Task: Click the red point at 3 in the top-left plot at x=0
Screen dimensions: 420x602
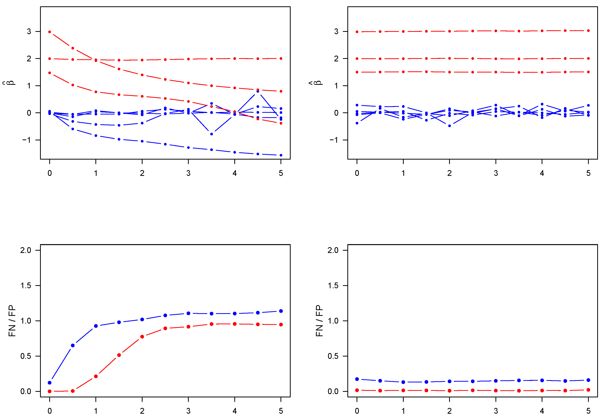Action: coord(50,32)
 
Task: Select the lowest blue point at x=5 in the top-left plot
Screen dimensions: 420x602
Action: coord(281,155)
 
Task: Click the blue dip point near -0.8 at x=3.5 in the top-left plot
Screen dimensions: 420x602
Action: coord(212,134)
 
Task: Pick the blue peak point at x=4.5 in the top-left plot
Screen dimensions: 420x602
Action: coord(258,91)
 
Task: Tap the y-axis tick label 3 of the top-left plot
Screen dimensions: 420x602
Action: coord(29,31)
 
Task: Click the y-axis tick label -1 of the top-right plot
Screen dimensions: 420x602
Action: coord(334,140)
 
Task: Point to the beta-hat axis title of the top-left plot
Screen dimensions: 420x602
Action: coord(11,83)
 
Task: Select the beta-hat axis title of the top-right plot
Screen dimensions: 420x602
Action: coord(318,83)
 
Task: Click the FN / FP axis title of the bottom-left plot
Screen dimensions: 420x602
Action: coord(12,321)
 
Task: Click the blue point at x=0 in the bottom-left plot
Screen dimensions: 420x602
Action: coord(50,383)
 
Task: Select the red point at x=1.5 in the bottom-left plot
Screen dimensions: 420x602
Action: coord(119,355)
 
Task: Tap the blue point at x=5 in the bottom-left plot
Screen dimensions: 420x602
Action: coord(281,311)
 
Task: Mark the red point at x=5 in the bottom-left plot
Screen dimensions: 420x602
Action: coord(281,325)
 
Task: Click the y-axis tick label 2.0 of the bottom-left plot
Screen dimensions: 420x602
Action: coord(26,250)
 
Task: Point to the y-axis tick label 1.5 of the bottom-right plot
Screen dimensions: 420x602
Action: coord(333,286)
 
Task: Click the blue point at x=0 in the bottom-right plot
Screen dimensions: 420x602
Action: coord(357,379)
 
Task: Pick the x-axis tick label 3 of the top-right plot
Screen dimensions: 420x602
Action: coord(495,173)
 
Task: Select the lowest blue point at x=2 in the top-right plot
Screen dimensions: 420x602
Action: coord(449,126)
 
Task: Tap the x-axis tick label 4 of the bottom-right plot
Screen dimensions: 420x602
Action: coord(542,411)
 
